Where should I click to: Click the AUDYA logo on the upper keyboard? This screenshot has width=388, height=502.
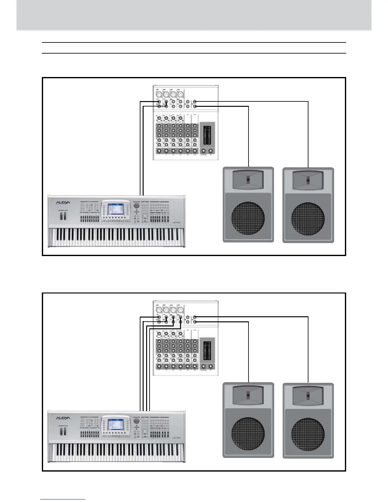63,203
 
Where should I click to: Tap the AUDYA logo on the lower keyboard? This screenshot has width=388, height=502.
63,418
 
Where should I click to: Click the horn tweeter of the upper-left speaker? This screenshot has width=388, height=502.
248,179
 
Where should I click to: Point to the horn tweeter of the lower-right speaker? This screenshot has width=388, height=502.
308,395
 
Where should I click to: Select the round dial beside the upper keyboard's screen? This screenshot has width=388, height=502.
137,206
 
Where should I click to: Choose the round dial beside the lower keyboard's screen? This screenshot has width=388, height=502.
137,421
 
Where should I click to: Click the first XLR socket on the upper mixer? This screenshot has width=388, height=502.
158,94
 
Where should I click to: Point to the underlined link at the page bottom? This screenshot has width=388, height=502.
63,499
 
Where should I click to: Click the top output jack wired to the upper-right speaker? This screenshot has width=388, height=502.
195,101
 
